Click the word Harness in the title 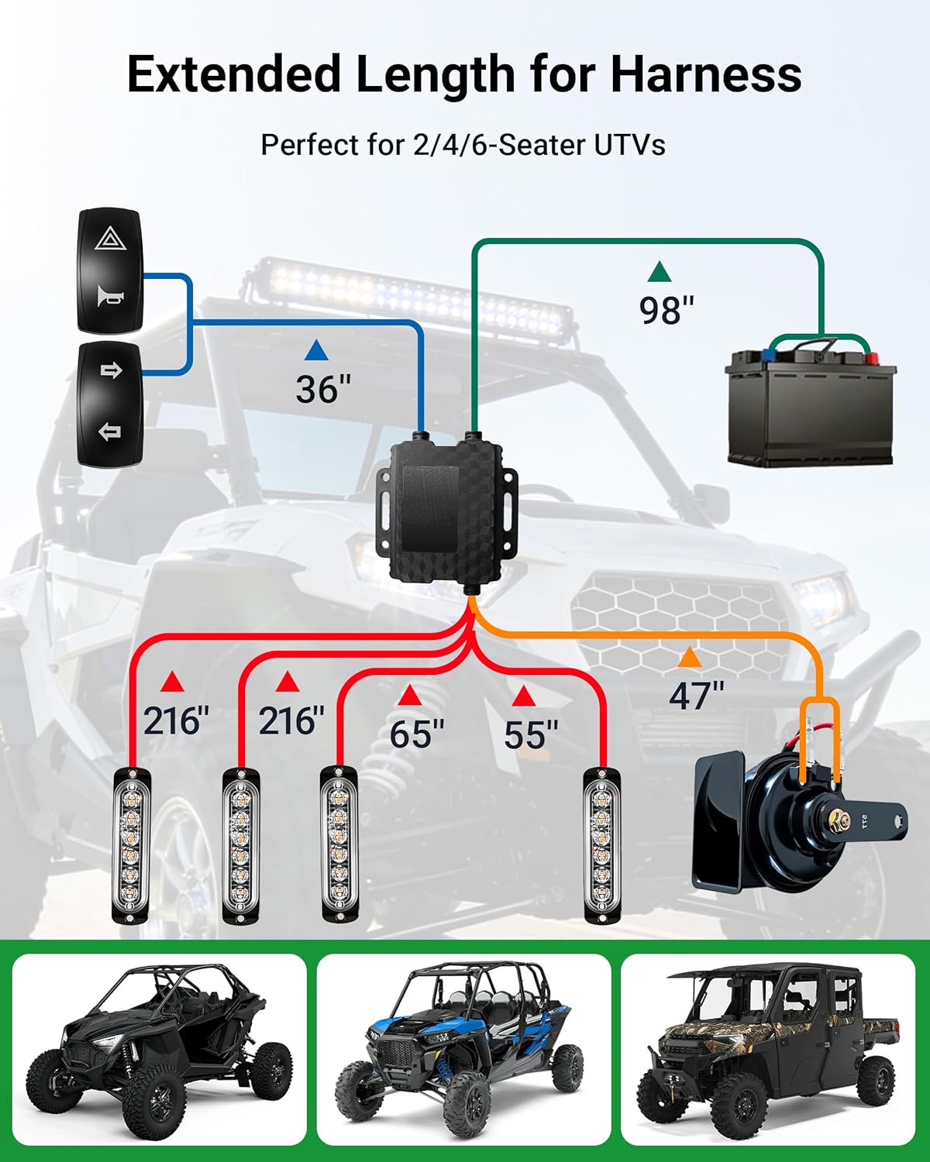[x=706, y=74]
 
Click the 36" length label [x=323, y=389]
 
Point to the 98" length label [x=666, y=310]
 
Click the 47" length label [x=697, y=696]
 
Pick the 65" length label [x=417, y=734]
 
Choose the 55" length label [x=531, y=734]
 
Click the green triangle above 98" [x=660, y=271]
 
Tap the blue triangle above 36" [x=316, y=350]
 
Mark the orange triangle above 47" [x=689, y=658]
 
